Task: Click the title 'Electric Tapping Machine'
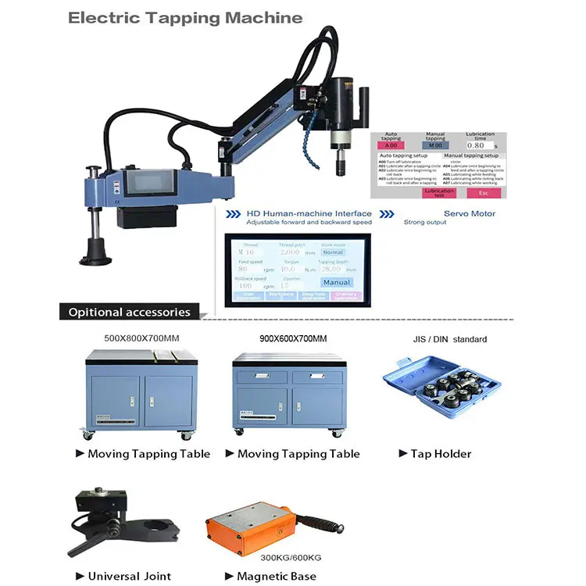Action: [185, 17]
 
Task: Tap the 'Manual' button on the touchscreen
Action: [337, 282]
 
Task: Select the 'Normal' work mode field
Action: [333, 252]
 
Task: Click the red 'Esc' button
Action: [484, 192]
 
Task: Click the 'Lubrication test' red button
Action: [438, 192]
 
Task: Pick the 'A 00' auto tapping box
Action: [391, 145]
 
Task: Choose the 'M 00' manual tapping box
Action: [435, 145]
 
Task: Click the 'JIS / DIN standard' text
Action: [450, 339]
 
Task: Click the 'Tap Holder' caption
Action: [441, 453]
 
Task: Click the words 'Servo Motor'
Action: [470, 213]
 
